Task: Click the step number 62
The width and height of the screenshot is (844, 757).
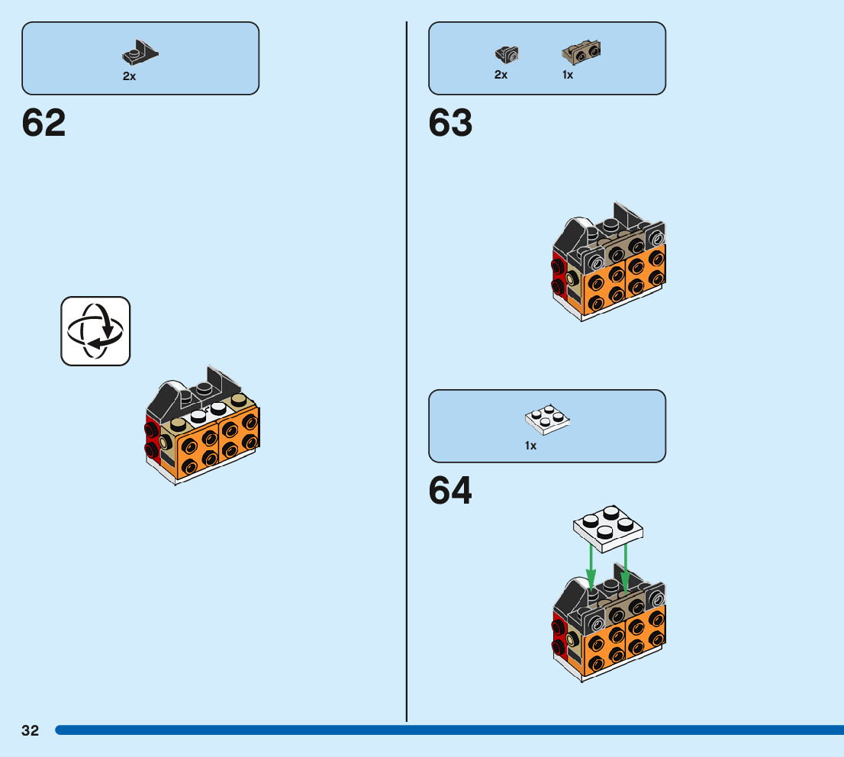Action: pos(44,123)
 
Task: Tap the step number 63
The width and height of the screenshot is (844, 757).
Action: pos(450,123)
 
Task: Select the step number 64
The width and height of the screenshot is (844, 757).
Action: pos(450,491)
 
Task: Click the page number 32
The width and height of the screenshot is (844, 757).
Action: pos(30,730)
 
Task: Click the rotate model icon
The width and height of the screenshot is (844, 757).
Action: pos(95,330)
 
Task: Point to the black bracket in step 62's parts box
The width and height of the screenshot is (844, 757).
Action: pos(140,53)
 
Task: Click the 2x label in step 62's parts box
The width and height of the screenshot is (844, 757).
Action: pos(130,76)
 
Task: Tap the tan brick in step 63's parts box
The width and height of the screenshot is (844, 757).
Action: pos(581,53)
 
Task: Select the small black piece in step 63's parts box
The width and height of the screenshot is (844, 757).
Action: pos(506,53)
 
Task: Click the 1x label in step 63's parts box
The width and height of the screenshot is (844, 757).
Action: pos(568,75)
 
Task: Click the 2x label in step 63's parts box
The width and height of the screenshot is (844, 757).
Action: pos(501,75)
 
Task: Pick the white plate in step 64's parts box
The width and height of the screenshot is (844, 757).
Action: pos(547,419)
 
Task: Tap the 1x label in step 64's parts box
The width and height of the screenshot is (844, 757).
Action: pos(530,445)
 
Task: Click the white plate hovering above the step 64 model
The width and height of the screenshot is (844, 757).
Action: pos(607,526)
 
